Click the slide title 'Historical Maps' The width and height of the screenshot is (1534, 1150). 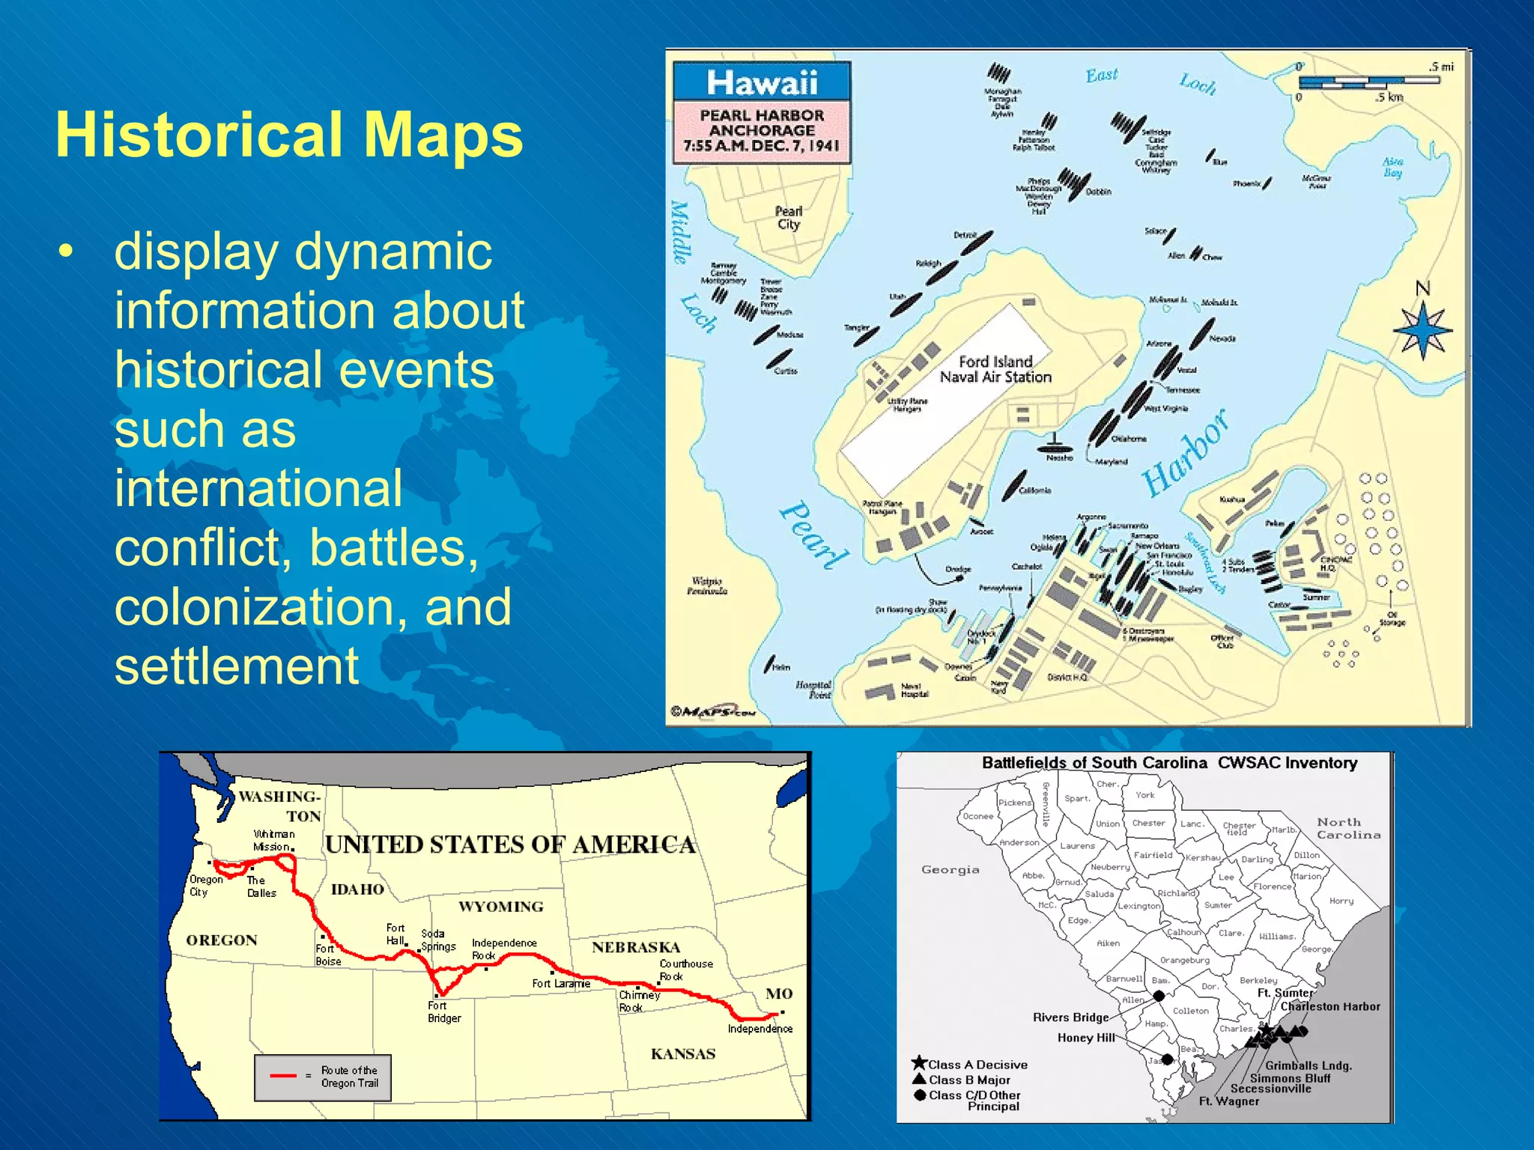coord(289,135)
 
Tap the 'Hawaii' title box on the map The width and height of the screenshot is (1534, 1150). coord(762,82)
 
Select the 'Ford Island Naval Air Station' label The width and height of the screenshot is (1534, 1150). coord(995,370)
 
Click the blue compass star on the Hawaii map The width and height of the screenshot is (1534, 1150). coord(1422,330)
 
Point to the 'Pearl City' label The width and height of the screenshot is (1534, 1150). coord(789,218)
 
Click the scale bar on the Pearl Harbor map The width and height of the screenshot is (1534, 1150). coord(1368,81)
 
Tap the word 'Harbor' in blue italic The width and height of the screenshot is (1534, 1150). coord(1186,453)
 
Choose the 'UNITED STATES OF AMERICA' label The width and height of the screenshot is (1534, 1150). coord(510,845)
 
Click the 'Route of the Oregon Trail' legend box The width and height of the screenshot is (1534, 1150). coord(322,1077)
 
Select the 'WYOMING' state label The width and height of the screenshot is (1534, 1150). coord(500,907)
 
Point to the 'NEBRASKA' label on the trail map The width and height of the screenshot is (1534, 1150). coord(635,947)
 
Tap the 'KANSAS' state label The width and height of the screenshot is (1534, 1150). coord(682,1054)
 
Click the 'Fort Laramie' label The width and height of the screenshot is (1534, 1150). coord(561,983)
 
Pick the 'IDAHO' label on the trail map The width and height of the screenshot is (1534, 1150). coord(357,889)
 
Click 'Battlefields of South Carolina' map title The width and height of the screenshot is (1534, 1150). coord(1094,763)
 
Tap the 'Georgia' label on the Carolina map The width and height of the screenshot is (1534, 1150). coord(950,869)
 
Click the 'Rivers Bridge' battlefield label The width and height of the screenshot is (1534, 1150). coord(1070,1017)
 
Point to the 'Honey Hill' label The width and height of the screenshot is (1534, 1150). coord(1085,1038)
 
